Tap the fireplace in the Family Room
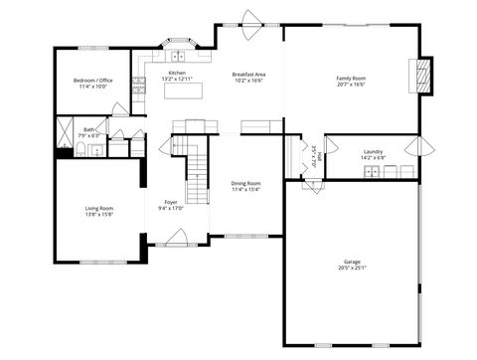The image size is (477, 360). [423, 76]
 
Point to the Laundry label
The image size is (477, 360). [373, 151]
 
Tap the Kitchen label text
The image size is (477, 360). [176, 73]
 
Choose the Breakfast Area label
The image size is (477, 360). [248, 74]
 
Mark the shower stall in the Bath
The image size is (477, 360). [66, 130]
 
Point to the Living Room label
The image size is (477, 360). [98, 208]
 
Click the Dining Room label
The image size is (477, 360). [246, 183]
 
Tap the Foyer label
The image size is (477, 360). [171, 202]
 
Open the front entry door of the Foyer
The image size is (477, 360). [180, 238]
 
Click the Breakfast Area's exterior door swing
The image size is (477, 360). [248, 19]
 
